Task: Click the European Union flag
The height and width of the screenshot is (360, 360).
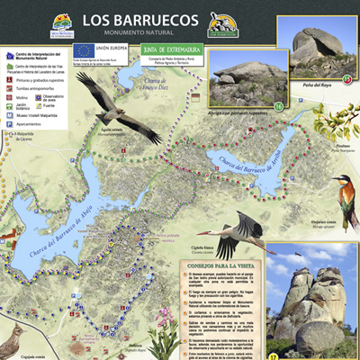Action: click(83, 50)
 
